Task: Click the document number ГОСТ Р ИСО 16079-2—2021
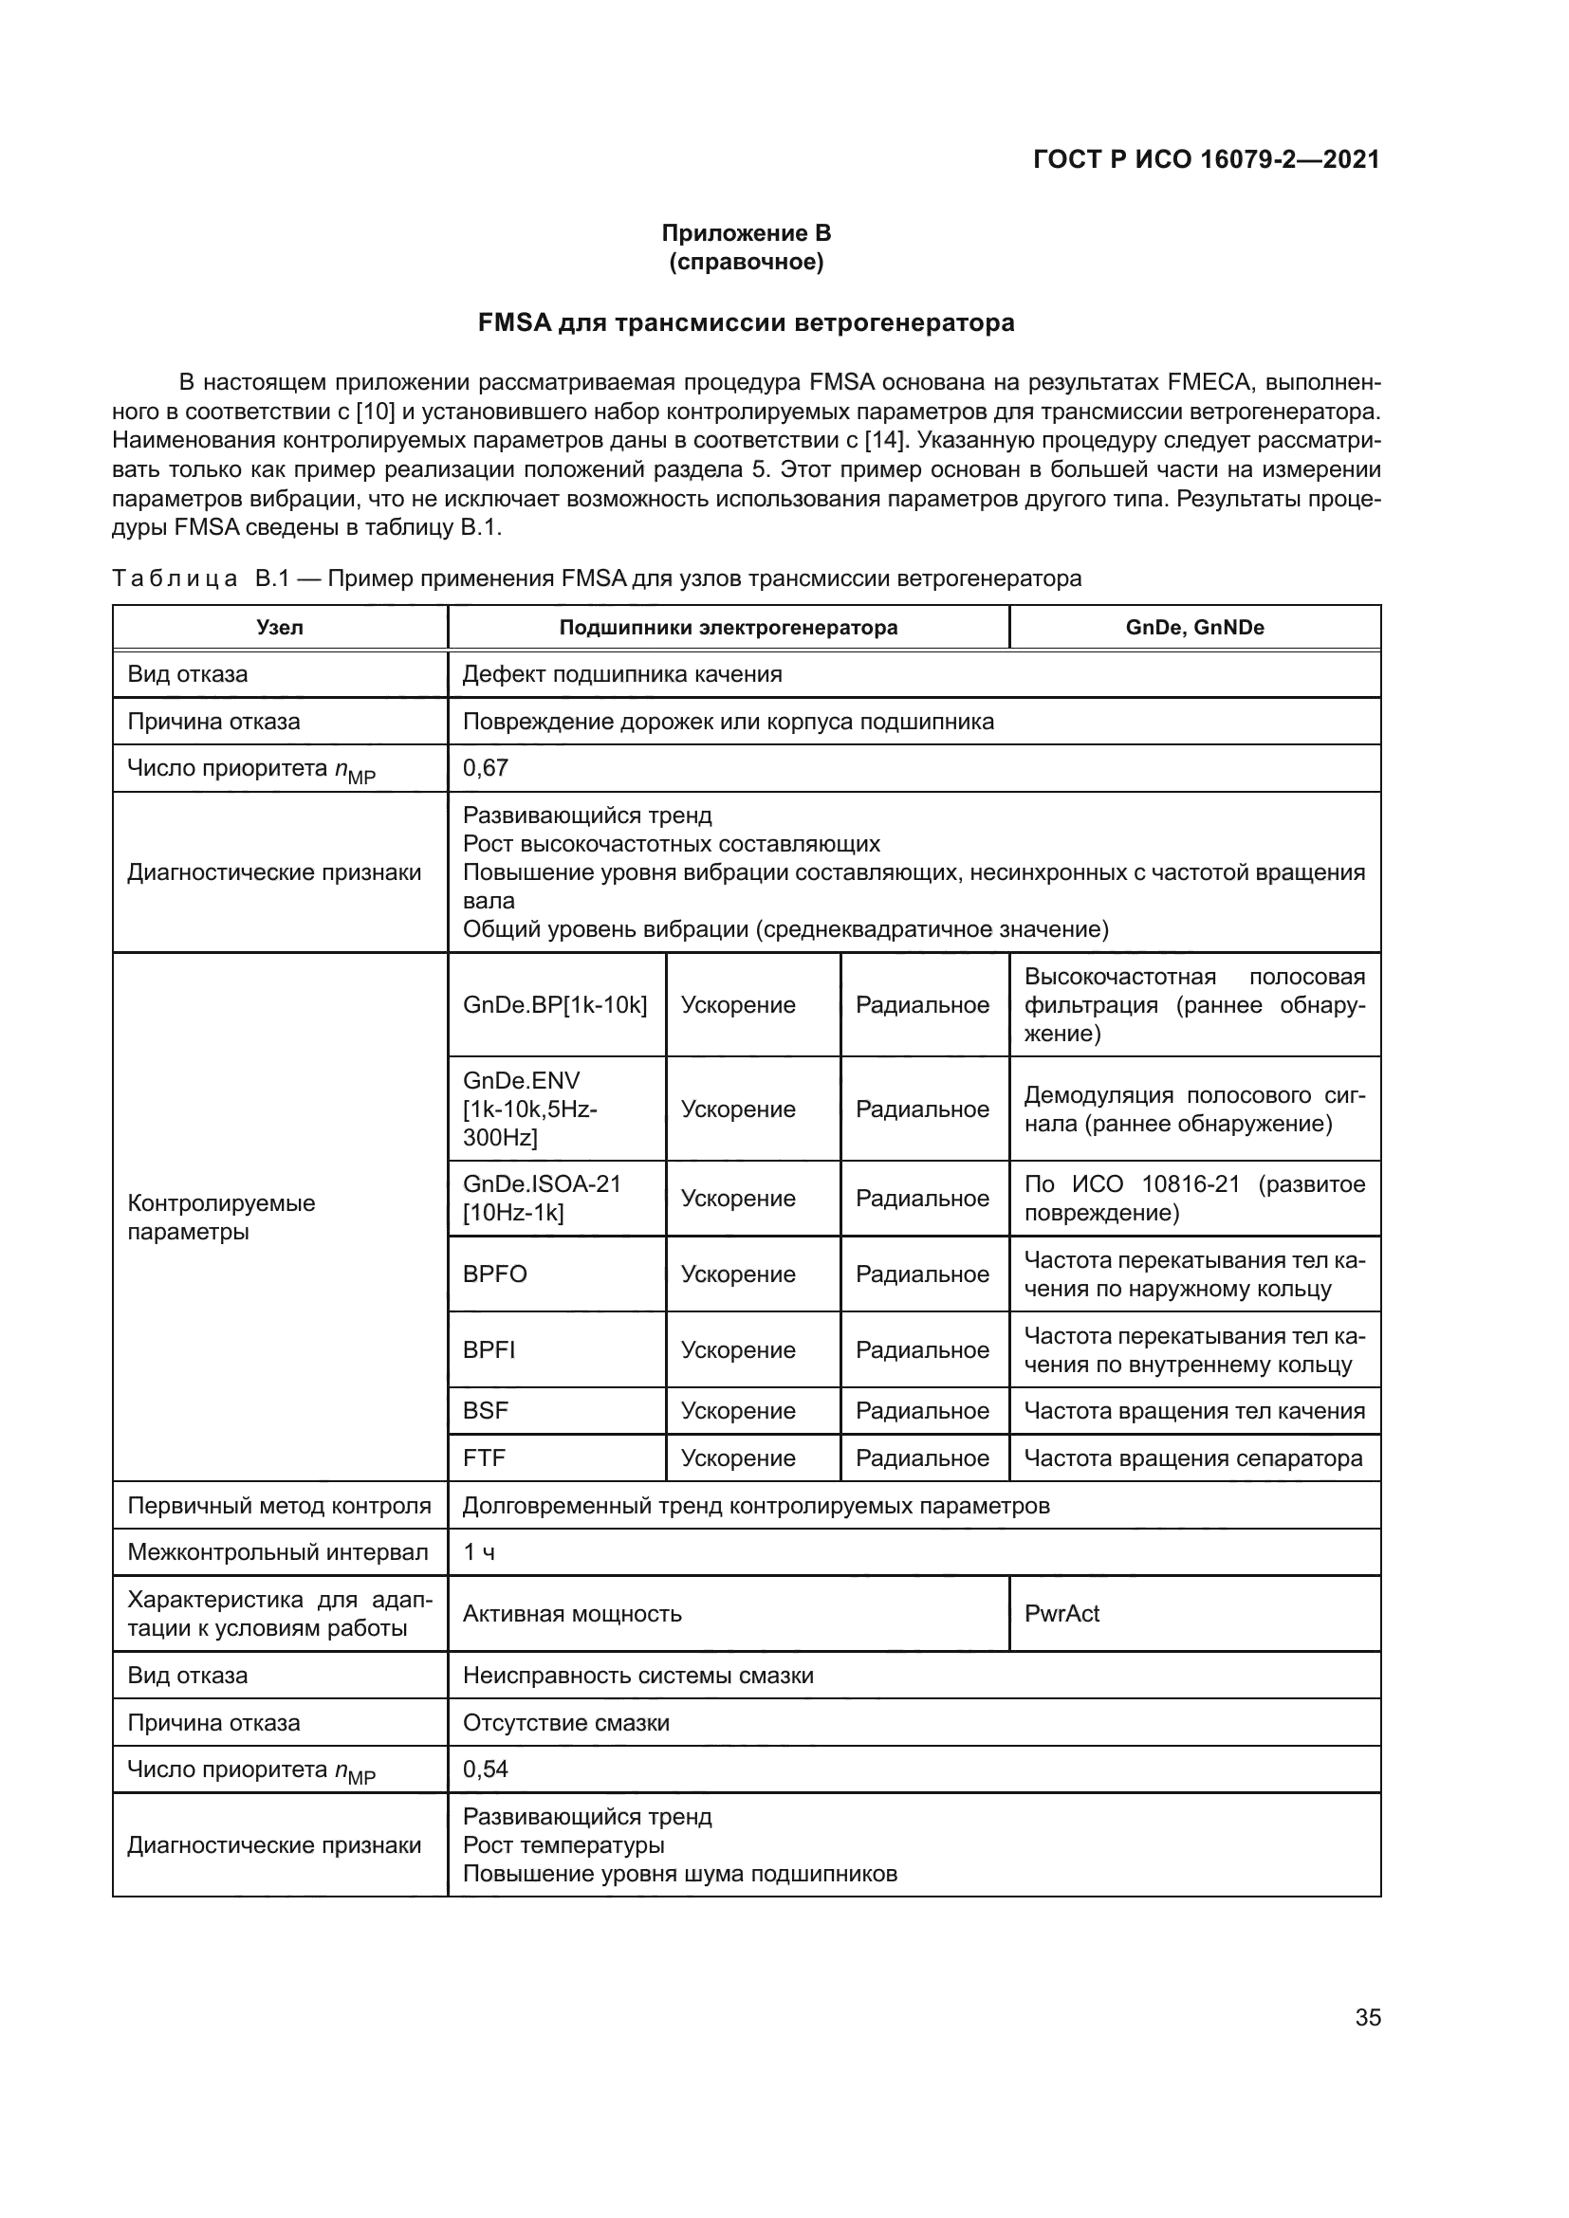tap(1206, 159)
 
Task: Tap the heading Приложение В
tap(746, 233)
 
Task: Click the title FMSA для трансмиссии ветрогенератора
tap(746, 322)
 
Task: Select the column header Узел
tap(279, 627)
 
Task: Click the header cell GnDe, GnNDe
tap(1194, 627)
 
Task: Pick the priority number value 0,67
tap(486, 768)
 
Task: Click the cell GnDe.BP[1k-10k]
tap(555, 1004)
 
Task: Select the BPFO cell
tap(495, 1274)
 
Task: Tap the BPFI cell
tap(489, 1349)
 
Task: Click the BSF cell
tap(486, 1410)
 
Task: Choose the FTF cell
tap(484, 1457)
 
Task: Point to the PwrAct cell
tap(1061, 1613)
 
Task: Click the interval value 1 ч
tap(479, 1552)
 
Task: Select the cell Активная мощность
tap(572, 1613)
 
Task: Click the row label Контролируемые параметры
tap(222, 1218)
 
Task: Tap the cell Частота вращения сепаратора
tap(1192, 1457)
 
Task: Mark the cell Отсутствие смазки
tap(566, 1722)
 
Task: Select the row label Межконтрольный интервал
tap(277, 1552)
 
